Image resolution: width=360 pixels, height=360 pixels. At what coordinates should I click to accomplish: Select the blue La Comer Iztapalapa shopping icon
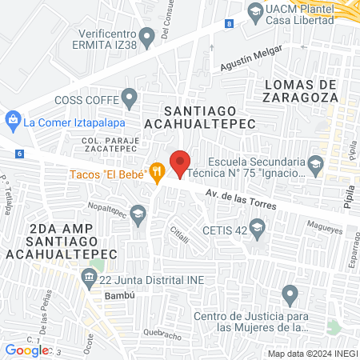tap(12, 122)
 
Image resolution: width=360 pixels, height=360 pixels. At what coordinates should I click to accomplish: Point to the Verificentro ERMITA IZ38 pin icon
tap(146, 36)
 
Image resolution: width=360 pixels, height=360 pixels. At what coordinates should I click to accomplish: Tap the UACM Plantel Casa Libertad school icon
tap(254, 11)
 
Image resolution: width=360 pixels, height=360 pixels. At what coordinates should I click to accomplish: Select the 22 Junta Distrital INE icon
tap(87, 280)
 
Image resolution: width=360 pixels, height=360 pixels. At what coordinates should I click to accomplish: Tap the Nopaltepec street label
tap(105, 206)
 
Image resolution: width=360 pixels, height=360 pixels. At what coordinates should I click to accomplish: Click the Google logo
tap(26, 350)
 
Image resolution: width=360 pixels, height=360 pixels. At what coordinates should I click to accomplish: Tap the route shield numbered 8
tap(230, 24)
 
